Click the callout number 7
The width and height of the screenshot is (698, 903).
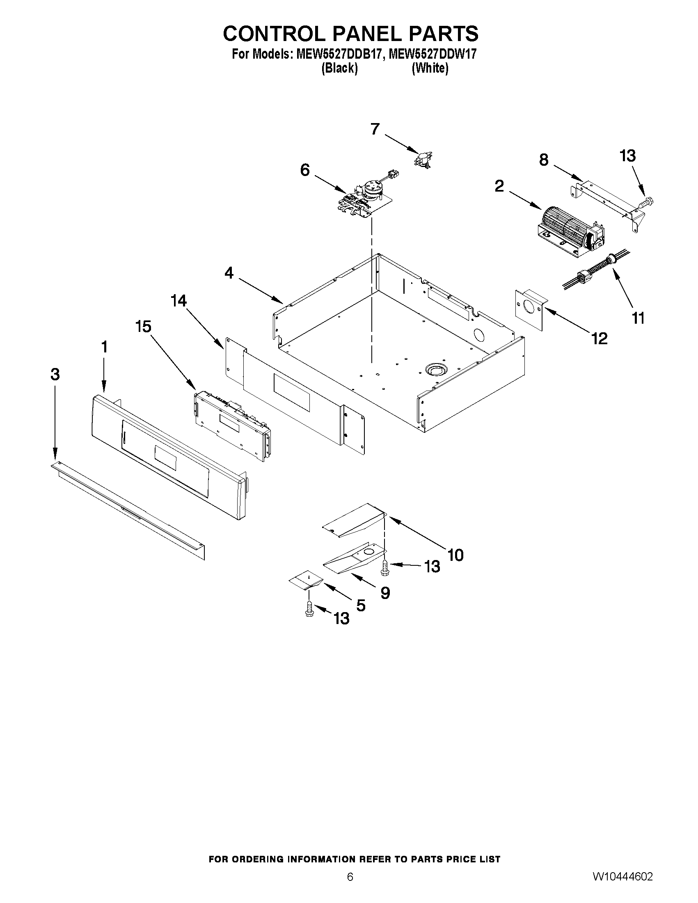coord(375,129)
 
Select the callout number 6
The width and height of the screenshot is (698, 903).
coord(305,169)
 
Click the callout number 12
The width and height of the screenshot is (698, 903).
coord(600,338)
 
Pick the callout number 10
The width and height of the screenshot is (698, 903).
coord(455,555)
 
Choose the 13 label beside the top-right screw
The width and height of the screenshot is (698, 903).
coord(627,156)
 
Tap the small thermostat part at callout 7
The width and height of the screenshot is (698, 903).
coord(423,159)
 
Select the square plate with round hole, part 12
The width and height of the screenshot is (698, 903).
coord(530,309)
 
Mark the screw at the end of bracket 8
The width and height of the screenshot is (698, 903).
coord(647,203)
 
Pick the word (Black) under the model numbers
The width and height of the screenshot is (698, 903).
coord(339,68)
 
